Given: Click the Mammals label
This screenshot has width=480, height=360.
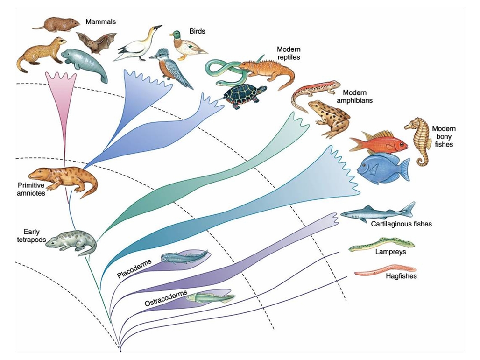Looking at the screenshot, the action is pyautogui.click(x=101, y=22).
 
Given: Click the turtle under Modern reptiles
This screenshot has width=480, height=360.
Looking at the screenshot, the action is pyautogui.click(x=244, y=96).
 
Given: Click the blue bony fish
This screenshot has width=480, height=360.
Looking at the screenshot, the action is pyautogui.click(x=383, y=169).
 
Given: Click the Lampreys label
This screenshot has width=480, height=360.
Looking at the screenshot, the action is pyautogui.click(x=391, y=252).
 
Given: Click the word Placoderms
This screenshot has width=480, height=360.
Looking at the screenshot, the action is pyautogui.click(x=134, y=269).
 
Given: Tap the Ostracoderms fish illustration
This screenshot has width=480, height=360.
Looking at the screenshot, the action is pyautogui.click(x=211, y=297).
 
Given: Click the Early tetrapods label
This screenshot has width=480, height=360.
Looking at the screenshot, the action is pyautogui.click(x=32, y=235).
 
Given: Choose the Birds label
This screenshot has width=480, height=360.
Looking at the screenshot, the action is pyautogui.click(x=197, y=31).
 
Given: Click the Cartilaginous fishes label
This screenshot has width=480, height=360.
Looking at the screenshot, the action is pyautogui.click(x=402, y=224).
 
